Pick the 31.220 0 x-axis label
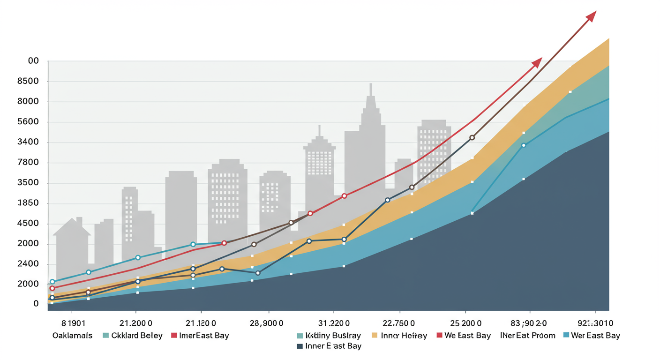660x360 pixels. (333, 323)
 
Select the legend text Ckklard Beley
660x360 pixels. (136, 336)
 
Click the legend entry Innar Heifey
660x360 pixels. (404, 336)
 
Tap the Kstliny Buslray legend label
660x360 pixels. (333, 336)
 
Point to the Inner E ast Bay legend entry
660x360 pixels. (333, 346)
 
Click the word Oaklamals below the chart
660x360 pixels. (72, 336)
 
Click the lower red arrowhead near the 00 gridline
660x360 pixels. (537, 62)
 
